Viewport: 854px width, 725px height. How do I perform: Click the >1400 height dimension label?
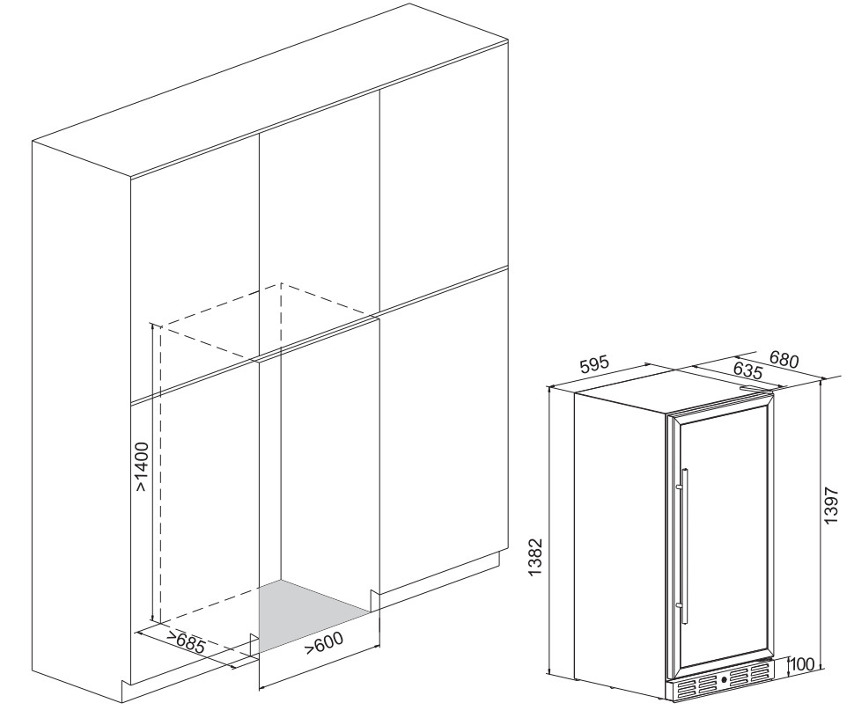[x=142, y=467]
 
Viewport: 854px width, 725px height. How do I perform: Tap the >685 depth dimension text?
[x=185, y=643]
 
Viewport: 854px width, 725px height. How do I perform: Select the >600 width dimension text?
[x=323, y=643]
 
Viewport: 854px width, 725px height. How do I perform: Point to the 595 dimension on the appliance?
[x=593, y=364]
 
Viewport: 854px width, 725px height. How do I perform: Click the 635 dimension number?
[x=747, y=370]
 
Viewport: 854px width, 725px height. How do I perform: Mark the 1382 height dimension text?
[x=536, y=557]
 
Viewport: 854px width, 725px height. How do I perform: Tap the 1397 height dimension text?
[x=832, y=504]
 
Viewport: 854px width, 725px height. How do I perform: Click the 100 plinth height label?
[x=802, y=664]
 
